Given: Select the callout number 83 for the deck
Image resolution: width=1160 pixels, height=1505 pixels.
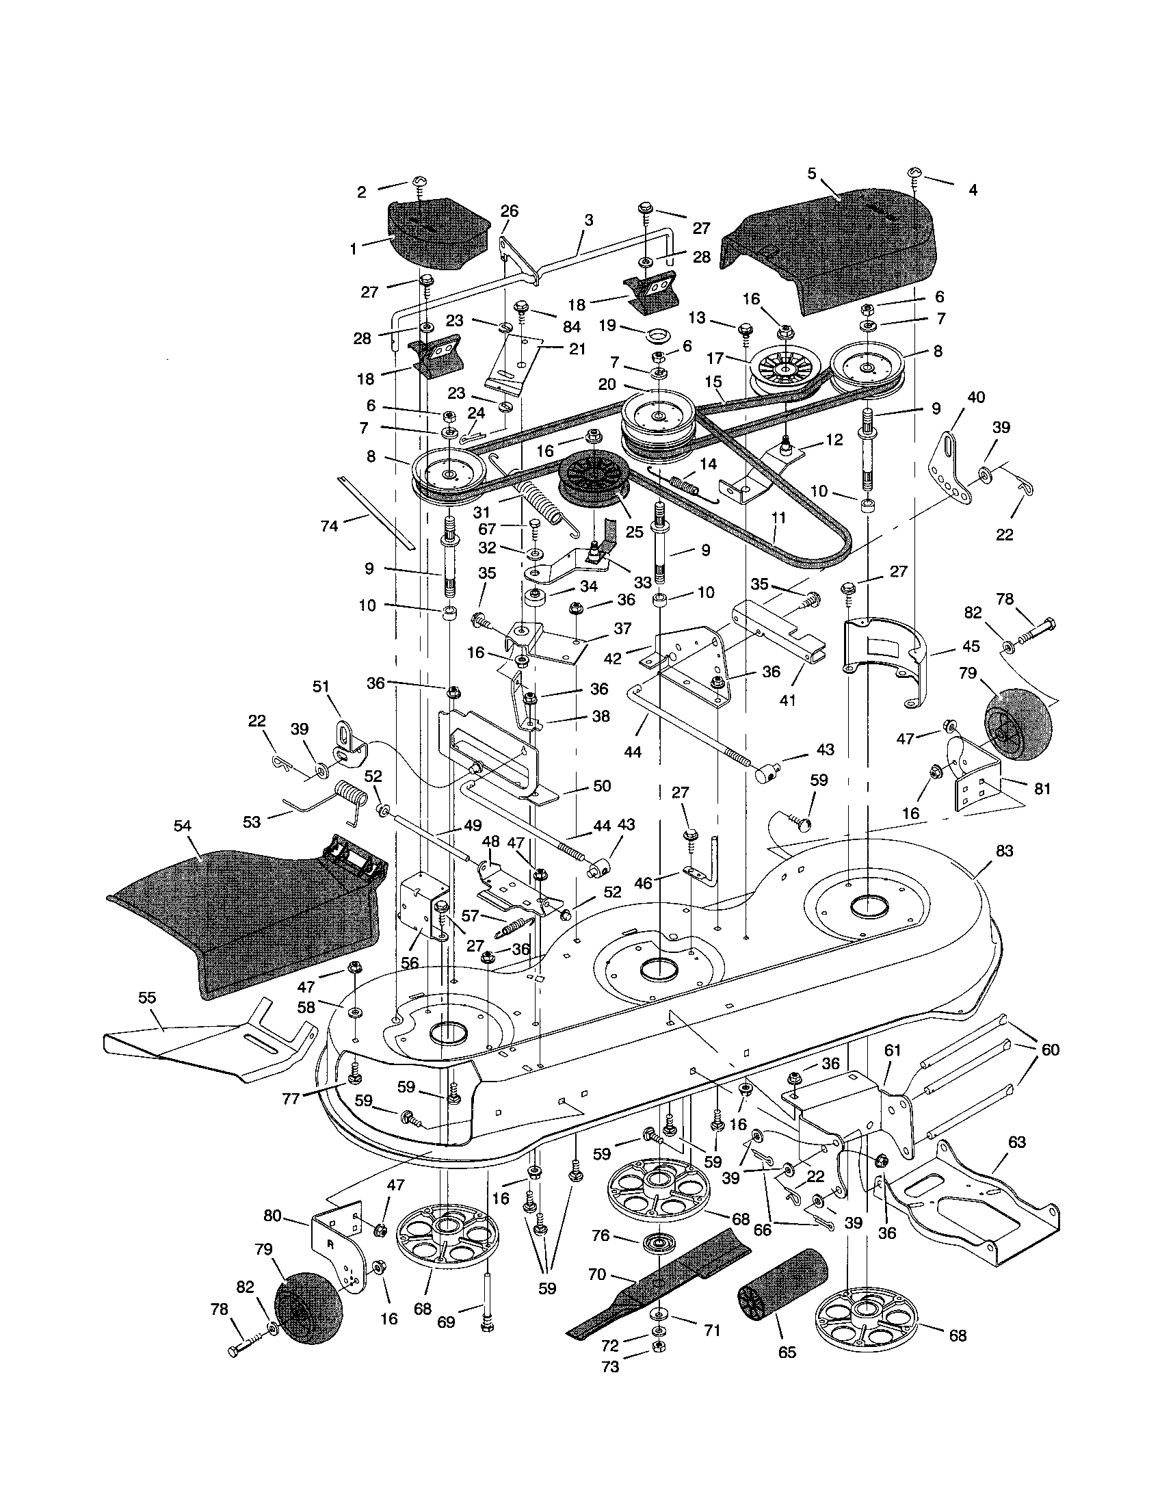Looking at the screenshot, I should click(1004, 851).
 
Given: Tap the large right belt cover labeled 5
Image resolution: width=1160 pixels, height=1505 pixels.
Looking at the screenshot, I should click(827, 241).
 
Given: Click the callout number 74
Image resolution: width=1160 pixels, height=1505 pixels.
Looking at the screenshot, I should click(329, 527).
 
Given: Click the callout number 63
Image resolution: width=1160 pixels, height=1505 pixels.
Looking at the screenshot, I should click(1016, 1142).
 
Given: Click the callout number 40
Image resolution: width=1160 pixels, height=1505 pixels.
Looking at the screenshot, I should click(975, 397).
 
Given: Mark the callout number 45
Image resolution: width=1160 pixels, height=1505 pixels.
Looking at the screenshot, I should click(971, 648).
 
